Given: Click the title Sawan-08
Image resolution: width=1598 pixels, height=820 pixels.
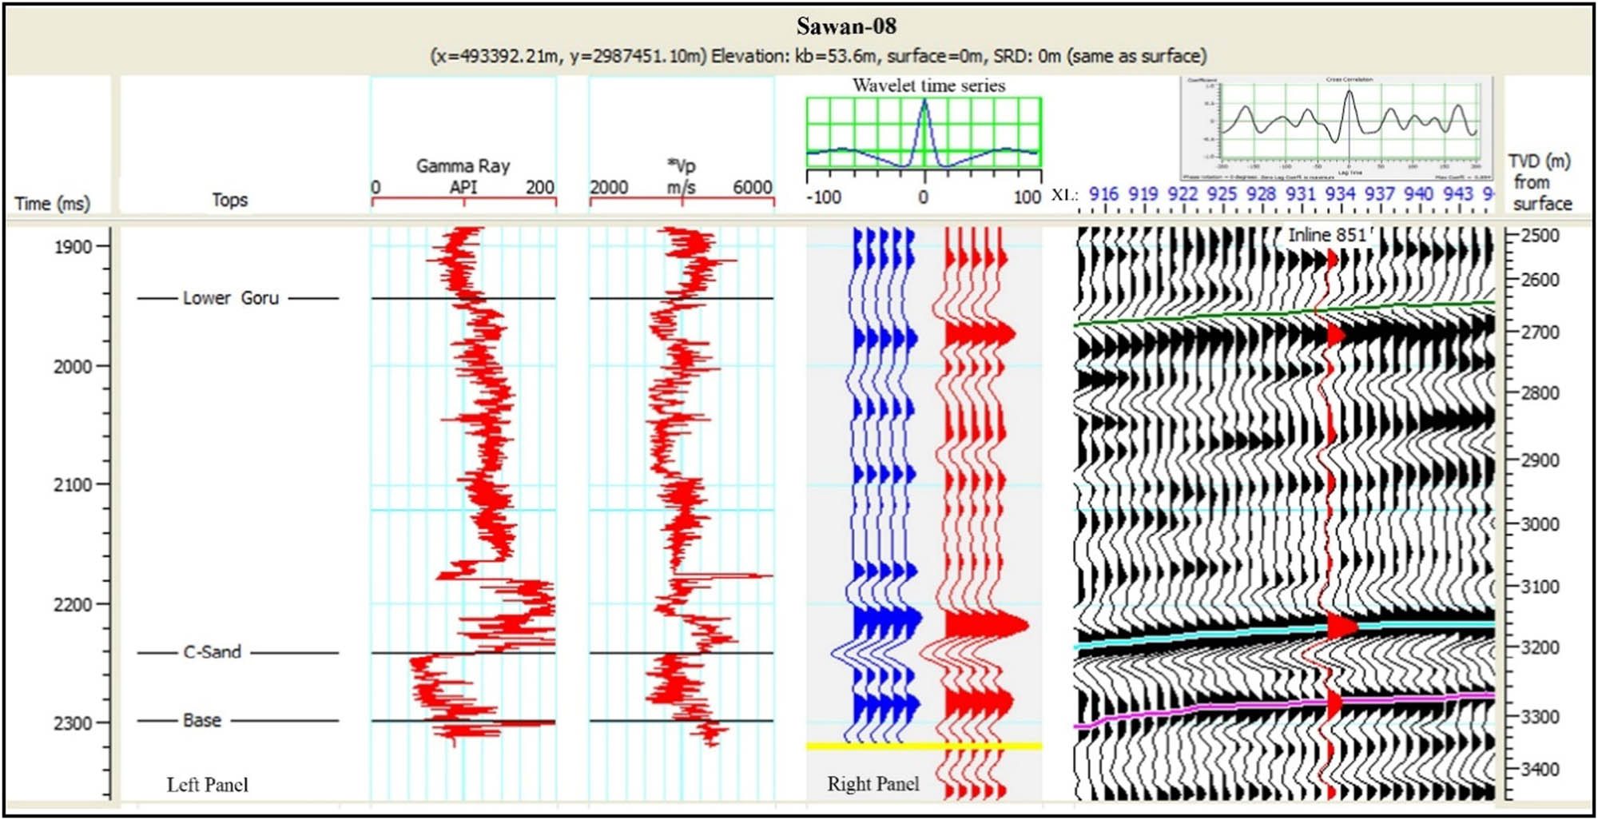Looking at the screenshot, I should pos(846,26).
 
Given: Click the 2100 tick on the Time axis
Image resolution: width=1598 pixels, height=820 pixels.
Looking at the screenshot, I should pos(73,485).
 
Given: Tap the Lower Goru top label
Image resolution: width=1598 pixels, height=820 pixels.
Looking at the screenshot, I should pos(230,298).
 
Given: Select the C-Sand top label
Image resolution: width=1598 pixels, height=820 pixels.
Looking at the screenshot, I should pos(212,652).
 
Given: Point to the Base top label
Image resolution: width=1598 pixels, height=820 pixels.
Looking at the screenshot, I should pos(201,720).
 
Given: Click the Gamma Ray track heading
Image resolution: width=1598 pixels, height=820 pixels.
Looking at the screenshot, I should pos(463,166).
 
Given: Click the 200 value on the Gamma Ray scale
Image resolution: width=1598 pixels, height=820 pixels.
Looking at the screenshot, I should pos(539,187).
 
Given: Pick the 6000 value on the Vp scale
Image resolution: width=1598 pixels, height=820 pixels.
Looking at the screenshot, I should pos(752,187).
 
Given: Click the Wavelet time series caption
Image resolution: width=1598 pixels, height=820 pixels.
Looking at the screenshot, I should pos(928,86).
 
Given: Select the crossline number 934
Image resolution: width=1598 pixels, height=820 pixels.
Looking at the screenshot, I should pos(1340,193).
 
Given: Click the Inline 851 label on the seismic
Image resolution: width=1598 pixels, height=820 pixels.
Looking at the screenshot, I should pos(1327,235).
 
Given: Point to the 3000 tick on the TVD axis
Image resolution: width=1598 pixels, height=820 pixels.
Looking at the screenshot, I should pos(1540,523).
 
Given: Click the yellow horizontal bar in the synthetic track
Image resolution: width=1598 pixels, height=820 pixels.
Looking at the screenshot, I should pos(924,746).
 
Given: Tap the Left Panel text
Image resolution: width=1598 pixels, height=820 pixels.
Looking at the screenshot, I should pos(207,785).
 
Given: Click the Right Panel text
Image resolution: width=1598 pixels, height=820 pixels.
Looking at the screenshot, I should pos(873,784).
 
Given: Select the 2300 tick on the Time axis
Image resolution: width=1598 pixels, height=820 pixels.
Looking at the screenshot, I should pos(73,723).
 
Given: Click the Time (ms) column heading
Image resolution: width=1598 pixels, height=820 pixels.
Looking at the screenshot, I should pos(52,204).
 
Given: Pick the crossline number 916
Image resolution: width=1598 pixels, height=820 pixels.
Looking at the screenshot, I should pos(1103,193).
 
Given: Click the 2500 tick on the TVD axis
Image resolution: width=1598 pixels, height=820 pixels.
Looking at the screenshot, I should pos(1540,236).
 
